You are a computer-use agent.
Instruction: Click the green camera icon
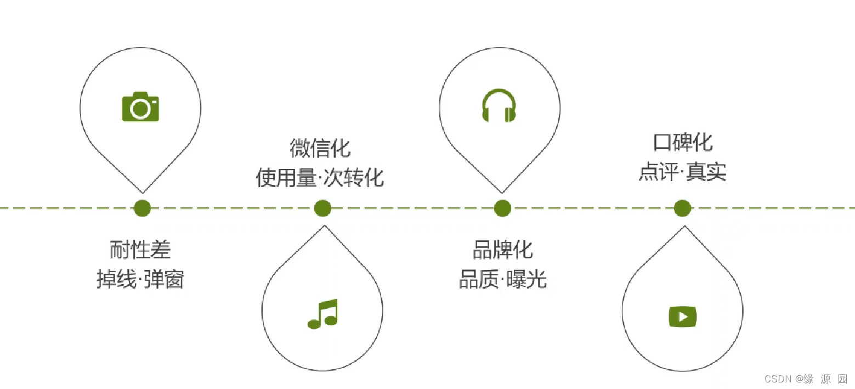coord(140,106)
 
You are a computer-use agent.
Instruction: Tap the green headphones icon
coord(499,106)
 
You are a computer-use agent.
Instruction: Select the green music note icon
coord(322,314)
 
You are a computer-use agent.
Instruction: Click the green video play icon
coord(682,316)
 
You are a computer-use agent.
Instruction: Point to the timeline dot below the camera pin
coord(142,208)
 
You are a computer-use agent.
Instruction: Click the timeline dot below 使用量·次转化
coord(322,208)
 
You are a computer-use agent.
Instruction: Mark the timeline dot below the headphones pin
coord(502,208)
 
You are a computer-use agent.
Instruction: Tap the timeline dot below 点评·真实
coord(682,208)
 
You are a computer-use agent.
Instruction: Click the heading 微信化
coord(320,148)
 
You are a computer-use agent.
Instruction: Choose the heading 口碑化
coord(683,143)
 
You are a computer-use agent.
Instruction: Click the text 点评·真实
coord(683,172)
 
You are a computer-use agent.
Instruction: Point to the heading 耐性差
coord(140,250)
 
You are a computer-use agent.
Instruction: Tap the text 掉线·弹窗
coord(140,280)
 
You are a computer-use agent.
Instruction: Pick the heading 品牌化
coord(502,250)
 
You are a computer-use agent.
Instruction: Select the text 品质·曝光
coord(502,280)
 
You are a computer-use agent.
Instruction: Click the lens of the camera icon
coord(139,109)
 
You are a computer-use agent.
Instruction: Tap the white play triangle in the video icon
coord(683,317)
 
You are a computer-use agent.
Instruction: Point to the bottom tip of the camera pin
coord(143,193)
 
